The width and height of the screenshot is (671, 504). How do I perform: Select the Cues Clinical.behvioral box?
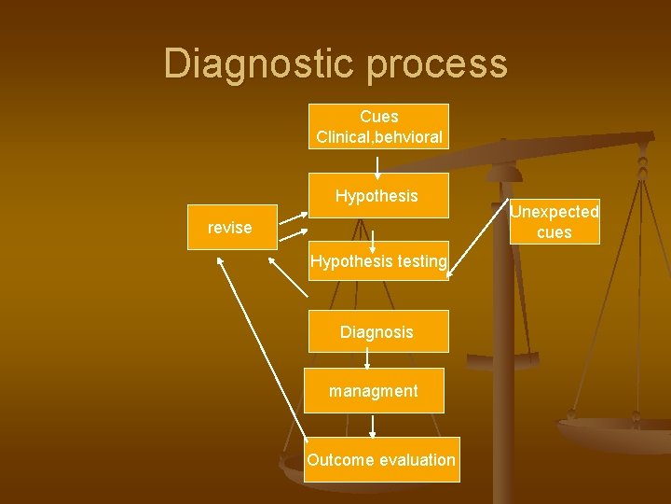click(378, 127)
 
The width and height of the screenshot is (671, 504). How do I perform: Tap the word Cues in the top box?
click(378, 117)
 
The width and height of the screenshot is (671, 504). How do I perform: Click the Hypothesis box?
click(377, 196)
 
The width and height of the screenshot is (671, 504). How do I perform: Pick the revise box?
click(231, 227)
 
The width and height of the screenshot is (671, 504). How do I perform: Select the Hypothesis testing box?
click(378, 261)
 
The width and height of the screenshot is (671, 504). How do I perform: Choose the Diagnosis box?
click(377, 331)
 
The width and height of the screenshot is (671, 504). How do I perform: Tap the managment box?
click(374, 391)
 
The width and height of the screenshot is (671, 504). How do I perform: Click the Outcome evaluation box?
click(382, 459)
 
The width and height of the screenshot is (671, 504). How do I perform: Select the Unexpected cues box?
click(554, 222)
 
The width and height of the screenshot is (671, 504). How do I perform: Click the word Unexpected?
click(554, 212)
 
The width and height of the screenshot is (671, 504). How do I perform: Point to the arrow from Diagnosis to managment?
click(367, 360)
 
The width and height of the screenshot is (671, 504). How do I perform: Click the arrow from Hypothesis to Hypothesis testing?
click(373, 240)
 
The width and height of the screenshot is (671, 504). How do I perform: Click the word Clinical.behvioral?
click(378, 137)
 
